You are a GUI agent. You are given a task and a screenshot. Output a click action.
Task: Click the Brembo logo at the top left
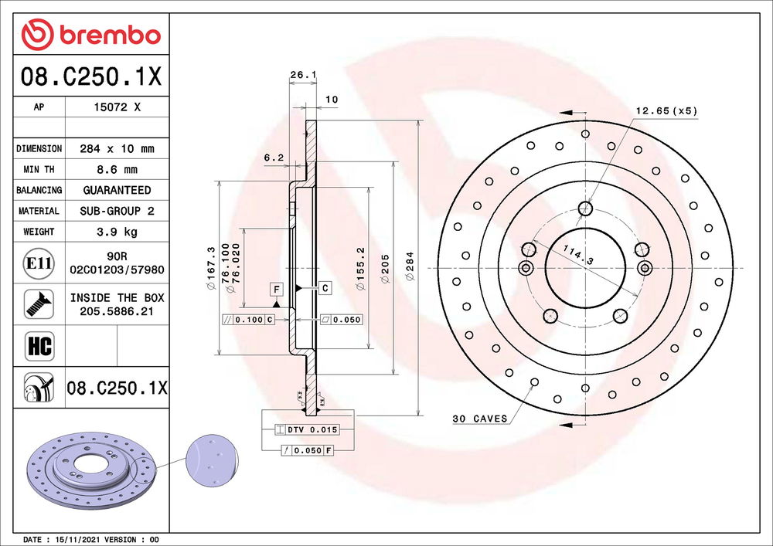(x=91, y=35)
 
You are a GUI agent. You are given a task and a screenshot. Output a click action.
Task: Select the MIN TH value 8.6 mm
(x=117, y=169)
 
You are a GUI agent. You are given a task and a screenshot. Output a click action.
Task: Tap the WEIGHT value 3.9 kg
(x=117, y=232)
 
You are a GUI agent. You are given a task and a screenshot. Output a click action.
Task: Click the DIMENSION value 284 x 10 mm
(x=117, y=149)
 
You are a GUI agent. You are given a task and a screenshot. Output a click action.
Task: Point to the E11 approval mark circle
(x=39, y=263)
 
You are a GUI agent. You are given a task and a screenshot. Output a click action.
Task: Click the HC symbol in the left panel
(x=39, y=346)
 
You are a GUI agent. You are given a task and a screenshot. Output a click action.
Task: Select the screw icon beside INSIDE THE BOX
(x=39, y=304)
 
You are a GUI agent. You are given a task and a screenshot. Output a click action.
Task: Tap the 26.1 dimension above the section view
(x=303, y=75)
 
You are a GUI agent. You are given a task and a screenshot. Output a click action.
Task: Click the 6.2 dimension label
(x=274, y=158)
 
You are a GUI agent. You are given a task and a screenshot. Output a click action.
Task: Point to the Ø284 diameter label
(x=410, y=266)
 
